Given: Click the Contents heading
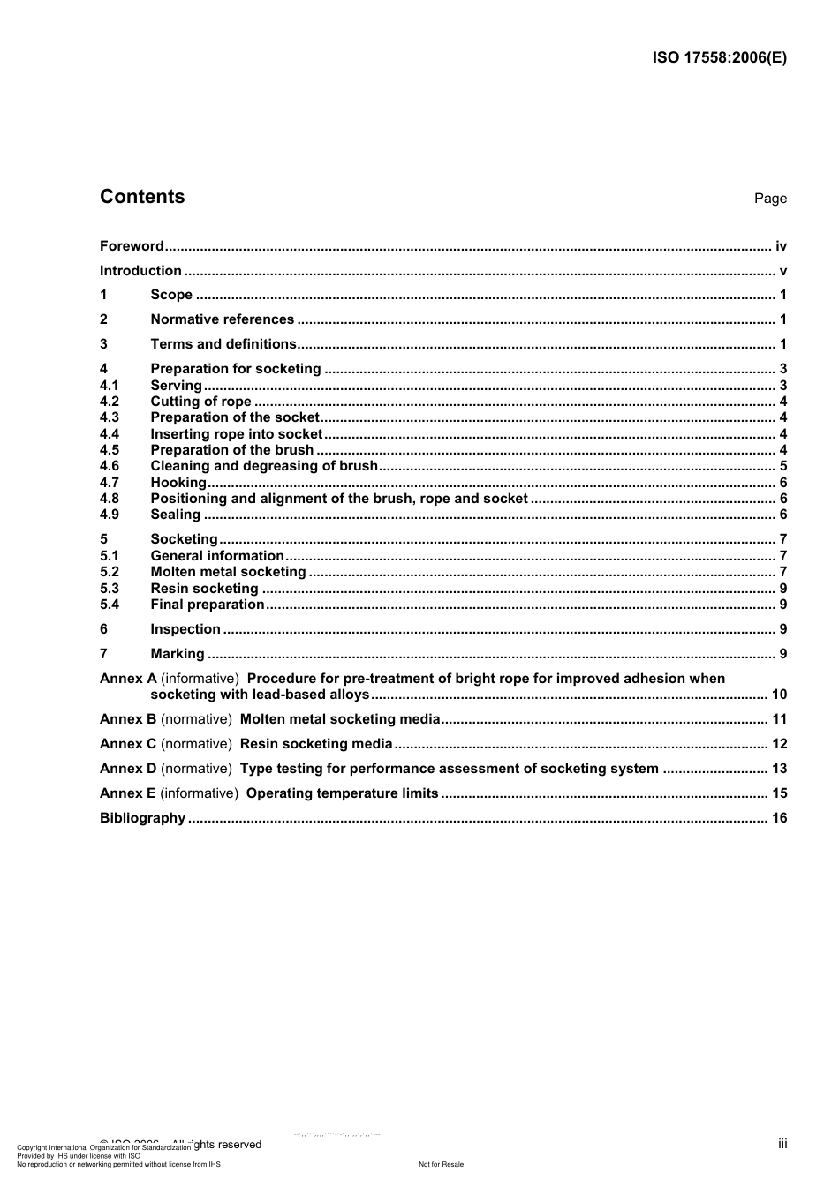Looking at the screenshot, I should (142, 197).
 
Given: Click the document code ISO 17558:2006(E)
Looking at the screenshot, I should (719, 58).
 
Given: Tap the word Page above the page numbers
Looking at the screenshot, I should (770, 199).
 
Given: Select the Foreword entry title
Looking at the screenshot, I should (132, 246).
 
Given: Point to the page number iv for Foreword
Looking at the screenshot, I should (781, 246).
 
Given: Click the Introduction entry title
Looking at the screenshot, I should (140, 271).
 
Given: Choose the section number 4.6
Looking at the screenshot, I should (110, 466).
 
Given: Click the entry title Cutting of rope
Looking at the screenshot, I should (200, 402).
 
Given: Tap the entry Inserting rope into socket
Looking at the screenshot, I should (237, 434).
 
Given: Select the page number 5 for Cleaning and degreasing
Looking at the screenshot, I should (783, 466).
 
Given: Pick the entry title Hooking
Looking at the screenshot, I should (178, 483).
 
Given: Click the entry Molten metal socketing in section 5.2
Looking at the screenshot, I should (228, 572).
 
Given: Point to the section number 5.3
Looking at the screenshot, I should (110, 589).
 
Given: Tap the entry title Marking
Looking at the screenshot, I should (178, 654).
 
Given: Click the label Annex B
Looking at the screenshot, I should (128, 719).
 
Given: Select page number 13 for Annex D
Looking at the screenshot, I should (779, 769).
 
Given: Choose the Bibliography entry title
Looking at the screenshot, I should (142, 818).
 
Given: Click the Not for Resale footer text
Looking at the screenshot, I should (441, 1164).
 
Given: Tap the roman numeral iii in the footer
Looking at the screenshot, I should (782, 1144).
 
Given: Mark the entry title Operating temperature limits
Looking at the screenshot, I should (342, 793).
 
